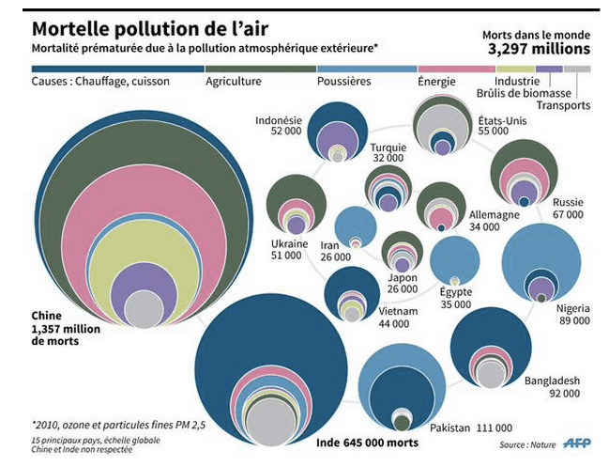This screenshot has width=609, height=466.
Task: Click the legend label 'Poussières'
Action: coord(345,82)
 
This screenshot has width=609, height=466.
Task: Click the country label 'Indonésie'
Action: coord(279,121)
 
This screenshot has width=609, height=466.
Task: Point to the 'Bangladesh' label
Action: coord(555,381)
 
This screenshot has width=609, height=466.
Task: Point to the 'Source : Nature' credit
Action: coord(526,444)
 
